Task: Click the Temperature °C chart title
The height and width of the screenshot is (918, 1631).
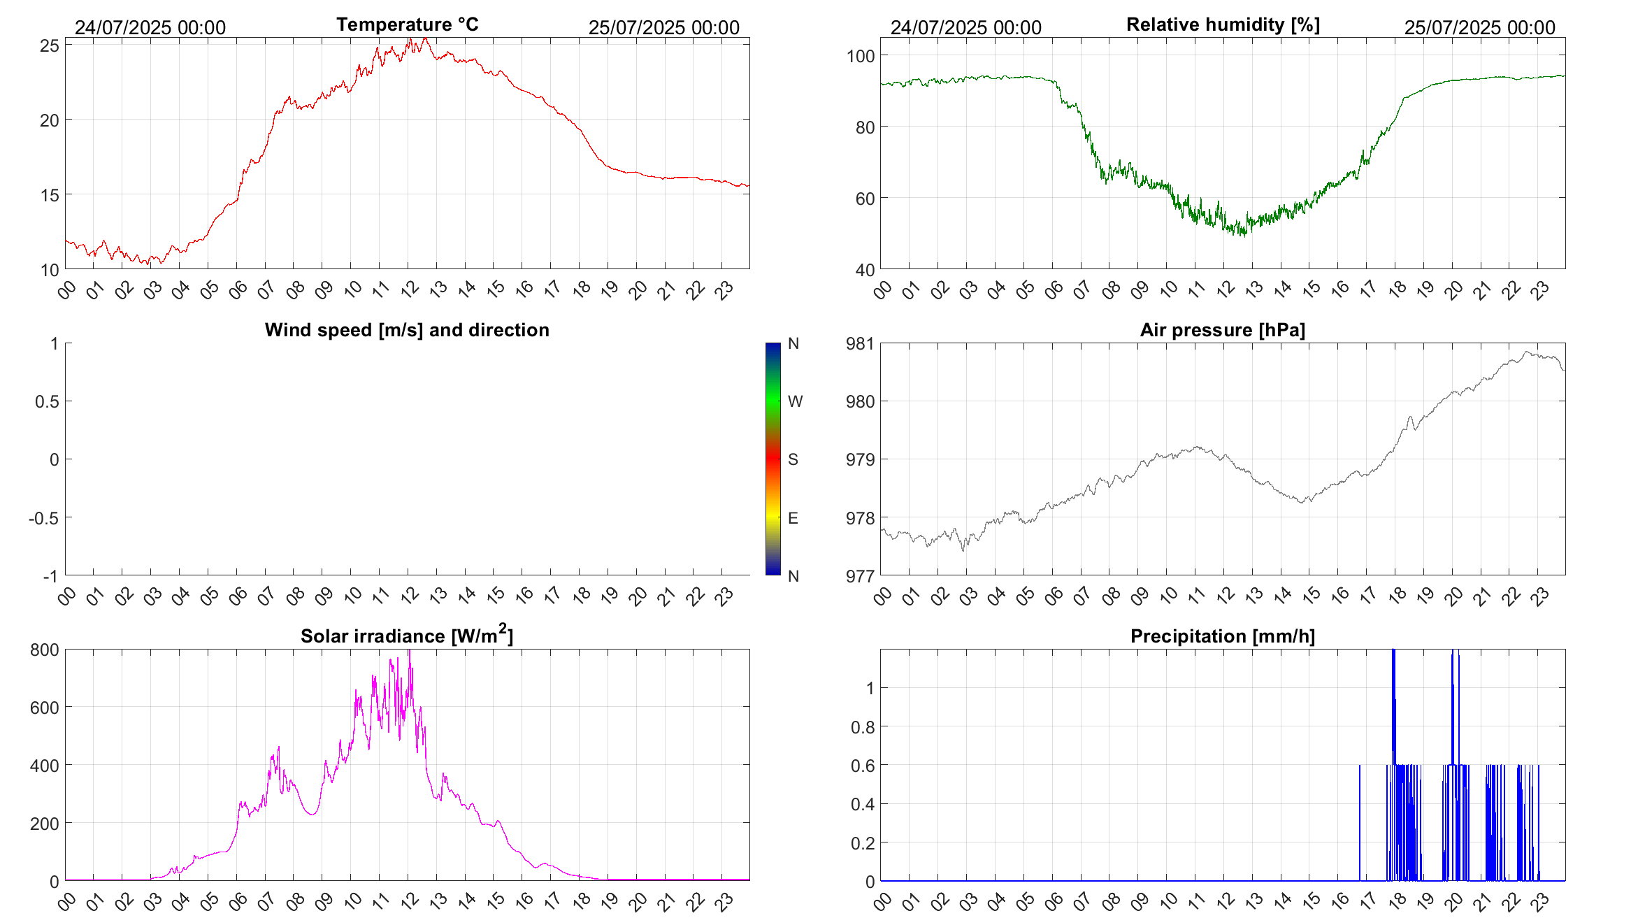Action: coord(407,24)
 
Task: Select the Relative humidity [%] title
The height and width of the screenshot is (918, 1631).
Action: coord(1223,24)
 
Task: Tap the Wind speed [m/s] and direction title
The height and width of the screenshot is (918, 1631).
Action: coord(407,330)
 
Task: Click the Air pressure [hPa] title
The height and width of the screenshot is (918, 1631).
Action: coord(1223,330)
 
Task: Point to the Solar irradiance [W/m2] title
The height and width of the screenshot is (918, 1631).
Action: coord(407,636)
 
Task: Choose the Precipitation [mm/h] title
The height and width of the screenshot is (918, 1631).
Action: coord(1223,636)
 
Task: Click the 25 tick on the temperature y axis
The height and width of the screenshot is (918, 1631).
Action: coord(50,45)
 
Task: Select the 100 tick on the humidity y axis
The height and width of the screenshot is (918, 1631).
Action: coord(860,56)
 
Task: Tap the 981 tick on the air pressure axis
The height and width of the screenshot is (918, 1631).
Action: coord(860,343)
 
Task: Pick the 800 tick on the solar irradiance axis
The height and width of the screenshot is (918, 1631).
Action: coord(45,650)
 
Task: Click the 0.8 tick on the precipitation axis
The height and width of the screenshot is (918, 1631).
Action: coord(862,727)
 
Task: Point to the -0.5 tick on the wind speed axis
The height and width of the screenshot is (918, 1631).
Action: coord(43,518)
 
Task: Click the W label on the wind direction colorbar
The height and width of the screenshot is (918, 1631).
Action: coord(795,401)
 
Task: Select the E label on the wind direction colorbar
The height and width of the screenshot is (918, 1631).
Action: coord(793,518)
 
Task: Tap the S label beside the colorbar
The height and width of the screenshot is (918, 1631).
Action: coord(793,459)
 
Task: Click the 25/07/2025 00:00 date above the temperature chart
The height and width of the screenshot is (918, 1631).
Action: coord(663,27)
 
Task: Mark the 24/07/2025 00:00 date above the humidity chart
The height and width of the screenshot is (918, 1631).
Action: coord(965,27)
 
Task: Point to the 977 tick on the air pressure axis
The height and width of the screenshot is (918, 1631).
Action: coord(860,576)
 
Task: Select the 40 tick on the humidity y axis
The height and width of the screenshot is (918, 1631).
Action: coord(864,270)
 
